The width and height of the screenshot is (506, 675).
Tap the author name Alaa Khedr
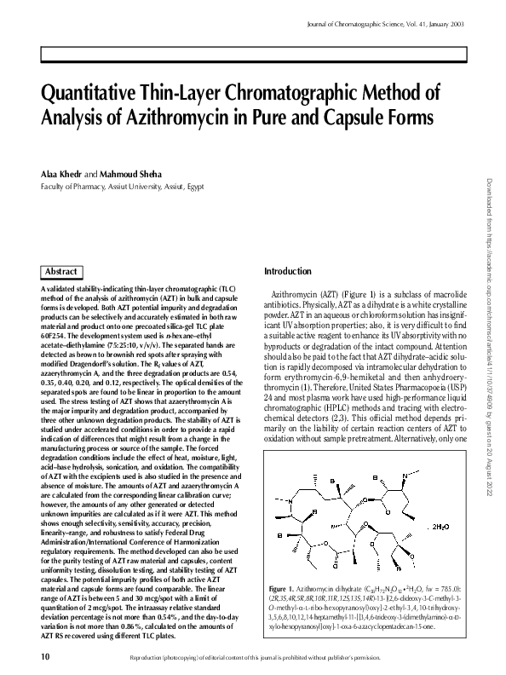[61, 175]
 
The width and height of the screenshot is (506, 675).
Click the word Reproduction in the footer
[150, 657]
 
